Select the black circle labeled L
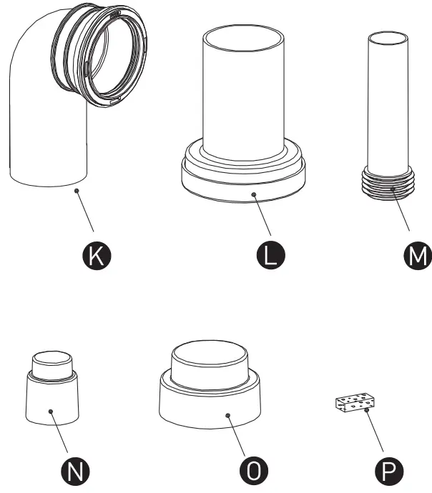pyautogui.click(x=270, y=255)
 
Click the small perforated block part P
pyautogui.click(x=355, y=402)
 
